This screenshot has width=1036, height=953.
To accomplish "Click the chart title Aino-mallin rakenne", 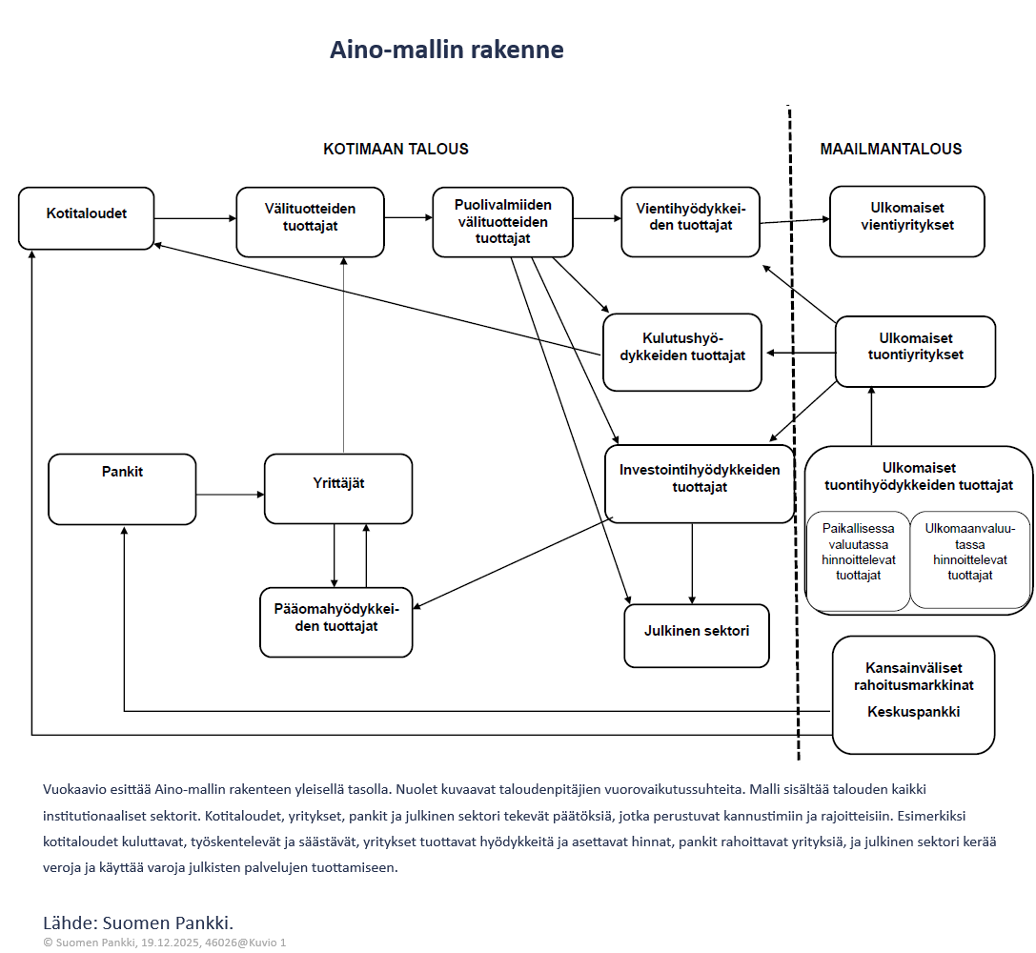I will click(x=446, y=50).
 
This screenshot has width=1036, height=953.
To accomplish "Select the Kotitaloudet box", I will click(x=86, y=218).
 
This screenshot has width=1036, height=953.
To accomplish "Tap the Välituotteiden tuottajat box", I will click(x=310, y=222).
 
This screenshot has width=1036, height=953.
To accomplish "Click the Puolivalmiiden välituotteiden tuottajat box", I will click(x=502, y=222).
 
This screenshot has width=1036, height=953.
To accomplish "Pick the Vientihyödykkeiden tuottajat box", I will click(x=690, y=222).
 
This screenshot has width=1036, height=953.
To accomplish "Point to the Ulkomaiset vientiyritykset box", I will click(x=906, y=222).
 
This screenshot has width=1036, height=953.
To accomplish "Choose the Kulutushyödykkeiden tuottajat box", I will click(x=682, y=352).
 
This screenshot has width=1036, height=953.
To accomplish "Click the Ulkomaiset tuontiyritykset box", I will click(x=915, y=351).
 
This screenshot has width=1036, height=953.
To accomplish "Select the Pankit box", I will click(x=122, y=489).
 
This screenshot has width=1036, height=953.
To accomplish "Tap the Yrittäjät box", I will click(x=338, y=488).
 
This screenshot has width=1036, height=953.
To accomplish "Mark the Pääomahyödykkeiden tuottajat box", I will click(x=336, y=621).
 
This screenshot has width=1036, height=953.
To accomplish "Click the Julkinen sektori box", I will click(x=697, y=636).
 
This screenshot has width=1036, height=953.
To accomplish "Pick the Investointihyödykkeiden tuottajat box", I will click(x=700, y=483).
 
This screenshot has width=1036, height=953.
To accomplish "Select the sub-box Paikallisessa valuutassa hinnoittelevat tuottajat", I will click(x=858, y=560).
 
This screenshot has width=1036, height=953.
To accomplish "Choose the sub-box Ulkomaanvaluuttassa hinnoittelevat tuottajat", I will click(x=969, y=560).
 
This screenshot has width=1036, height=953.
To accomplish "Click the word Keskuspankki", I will click(x=913, y=712).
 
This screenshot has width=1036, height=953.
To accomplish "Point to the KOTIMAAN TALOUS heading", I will click(x=396, y=149).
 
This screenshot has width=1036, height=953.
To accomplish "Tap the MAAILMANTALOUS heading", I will click(x=890, y=149).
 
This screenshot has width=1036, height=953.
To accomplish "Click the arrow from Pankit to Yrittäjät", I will click(x=230, y=495).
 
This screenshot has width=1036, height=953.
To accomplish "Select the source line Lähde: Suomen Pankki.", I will click(x=138, y=922).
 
